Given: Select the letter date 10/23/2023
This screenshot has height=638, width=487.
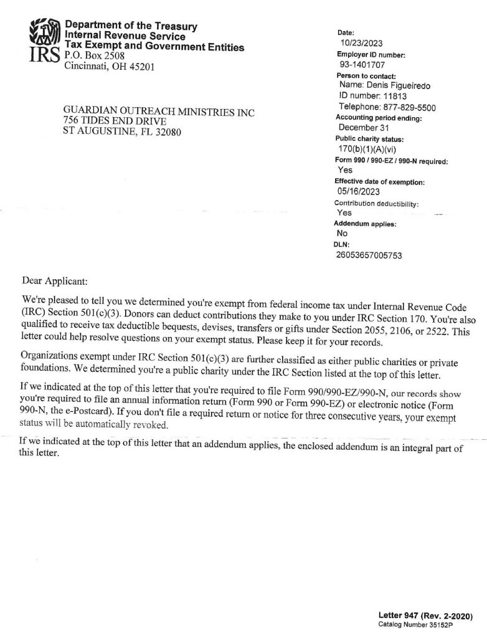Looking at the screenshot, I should coord(362,43).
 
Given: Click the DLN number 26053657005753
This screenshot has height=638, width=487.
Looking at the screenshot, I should coord(377,255).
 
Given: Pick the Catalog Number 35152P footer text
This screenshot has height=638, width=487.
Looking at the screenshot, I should coord(416,624).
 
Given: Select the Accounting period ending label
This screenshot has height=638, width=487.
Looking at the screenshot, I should coord(379,117).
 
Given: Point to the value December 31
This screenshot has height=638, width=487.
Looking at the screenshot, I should coord(364,128).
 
